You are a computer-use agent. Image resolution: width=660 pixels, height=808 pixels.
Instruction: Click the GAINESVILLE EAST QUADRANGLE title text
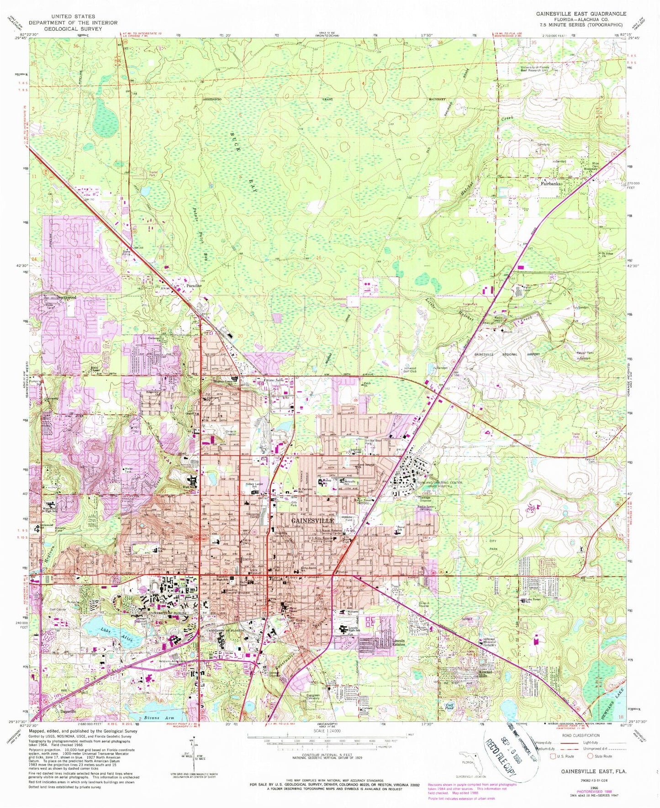pos(581,14)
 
